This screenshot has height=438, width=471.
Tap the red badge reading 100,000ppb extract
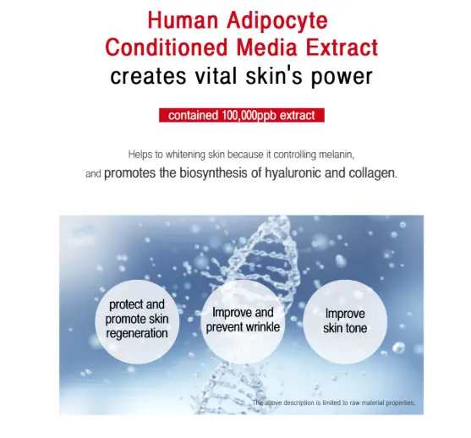pyautogui.click(x=241, y=115)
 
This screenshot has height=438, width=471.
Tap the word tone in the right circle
pyautogui.click(x=356, y=327)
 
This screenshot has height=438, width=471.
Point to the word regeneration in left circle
pyautogui.click(x=136, y=333)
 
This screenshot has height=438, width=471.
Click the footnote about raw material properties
pyautogui.click(x=333, y=403)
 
